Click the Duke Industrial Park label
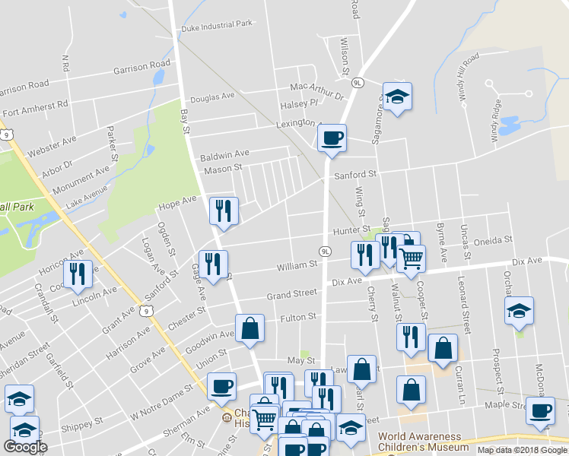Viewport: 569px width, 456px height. (217, 24)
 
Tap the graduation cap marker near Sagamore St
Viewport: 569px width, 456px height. (397, 97)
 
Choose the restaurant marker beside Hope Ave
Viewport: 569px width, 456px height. (224, 211)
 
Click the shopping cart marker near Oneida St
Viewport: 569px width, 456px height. (412, 258)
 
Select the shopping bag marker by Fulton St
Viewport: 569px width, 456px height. (250, 330)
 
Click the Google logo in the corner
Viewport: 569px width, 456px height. (25, 447)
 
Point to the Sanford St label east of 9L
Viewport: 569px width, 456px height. (356, 174)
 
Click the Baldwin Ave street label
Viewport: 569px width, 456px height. (224, 154)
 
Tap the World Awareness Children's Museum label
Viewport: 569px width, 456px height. (421, 442)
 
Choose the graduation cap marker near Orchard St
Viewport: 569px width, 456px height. (519, 312)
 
